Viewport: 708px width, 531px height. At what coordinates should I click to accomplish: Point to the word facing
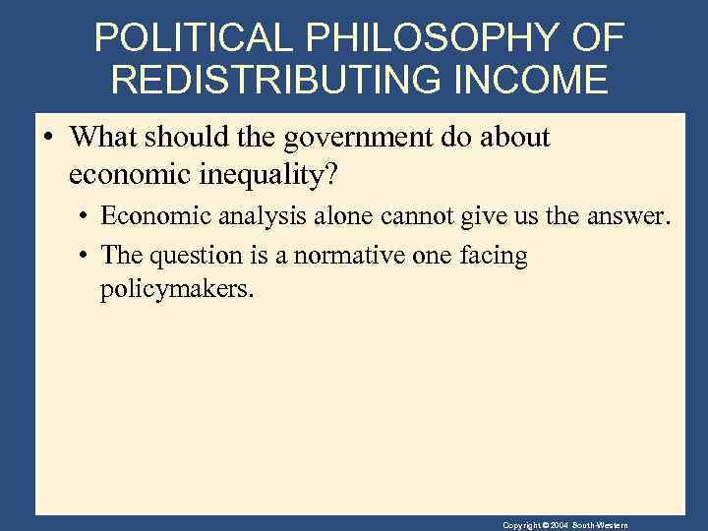[x=497, y=257]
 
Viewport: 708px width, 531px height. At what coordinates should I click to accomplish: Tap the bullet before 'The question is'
[x=86, y=257]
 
